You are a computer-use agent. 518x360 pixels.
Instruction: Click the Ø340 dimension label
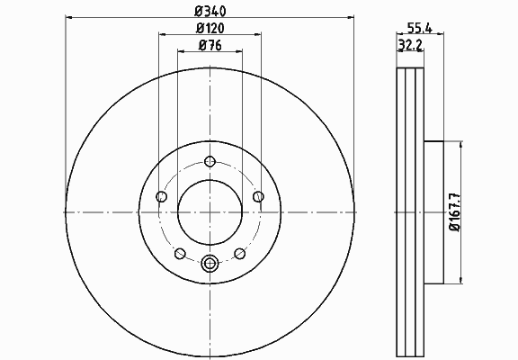tap(210, 11)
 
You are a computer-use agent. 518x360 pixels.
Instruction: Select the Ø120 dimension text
tap(210, 28)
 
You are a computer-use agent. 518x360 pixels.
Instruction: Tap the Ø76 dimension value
tap(210, 45)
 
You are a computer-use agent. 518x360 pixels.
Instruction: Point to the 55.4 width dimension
tap(420, 28)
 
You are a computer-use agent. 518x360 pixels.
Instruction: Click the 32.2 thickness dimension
tap(410, 45)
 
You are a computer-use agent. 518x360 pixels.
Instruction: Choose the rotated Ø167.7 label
tap(455, 212)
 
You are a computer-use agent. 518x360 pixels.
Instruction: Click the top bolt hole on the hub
tap(210, 162)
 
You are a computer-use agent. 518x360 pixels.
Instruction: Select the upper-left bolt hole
tap(161, 197)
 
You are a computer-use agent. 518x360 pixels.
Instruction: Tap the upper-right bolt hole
tap(258, 197)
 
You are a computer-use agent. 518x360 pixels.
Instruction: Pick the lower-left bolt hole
tap(180, 254)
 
